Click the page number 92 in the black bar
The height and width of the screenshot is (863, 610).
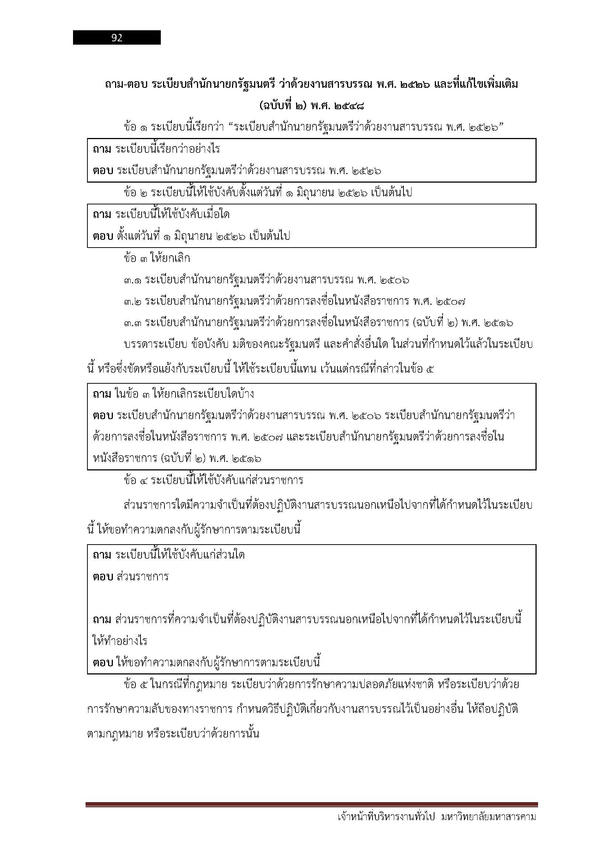(117, 38)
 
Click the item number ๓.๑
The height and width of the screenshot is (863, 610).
(132, 280)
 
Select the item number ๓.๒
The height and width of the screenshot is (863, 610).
(132, 301)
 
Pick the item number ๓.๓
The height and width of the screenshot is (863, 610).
(132, 323)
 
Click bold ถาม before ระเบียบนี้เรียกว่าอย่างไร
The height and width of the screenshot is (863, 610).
(102, 149)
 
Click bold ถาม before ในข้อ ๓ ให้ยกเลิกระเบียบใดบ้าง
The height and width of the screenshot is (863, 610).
(102, 394)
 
